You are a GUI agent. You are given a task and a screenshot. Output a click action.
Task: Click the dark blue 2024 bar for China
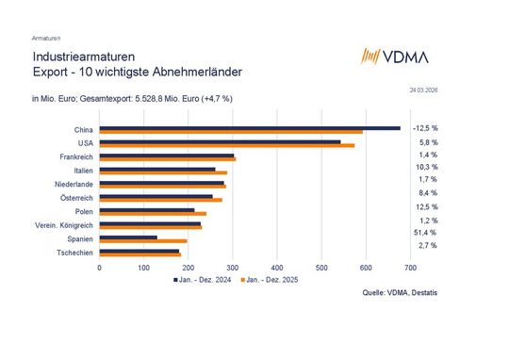pos(250,127)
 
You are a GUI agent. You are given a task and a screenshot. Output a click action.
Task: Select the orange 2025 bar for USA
pos(227,145)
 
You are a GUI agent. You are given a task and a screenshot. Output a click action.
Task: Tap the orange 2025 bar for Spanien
pos(143,241)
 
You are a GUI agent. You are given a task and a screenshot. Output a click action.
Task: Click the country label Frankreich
pos(75,156)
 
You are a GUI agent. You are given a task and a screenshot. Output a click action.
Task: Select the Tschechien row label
pos(74,253)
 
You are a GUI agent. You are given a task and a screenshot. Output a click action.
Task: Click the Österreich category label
pos(75,198)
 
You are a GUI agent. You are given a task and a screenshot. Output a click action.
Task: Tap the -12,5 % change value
pos(425,127)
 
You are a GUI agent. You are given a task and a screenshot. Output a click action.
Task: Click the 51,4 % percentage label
pos(425,232)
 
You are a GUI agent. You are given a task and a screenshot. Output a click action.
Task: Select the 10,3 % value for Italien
pos(425,166)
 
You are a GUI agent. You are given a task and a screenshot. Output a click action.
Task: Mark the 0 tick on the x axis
pos(100,267)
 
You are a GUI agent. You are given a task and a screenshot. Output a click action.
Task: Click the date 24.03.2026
pos(424,90)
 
